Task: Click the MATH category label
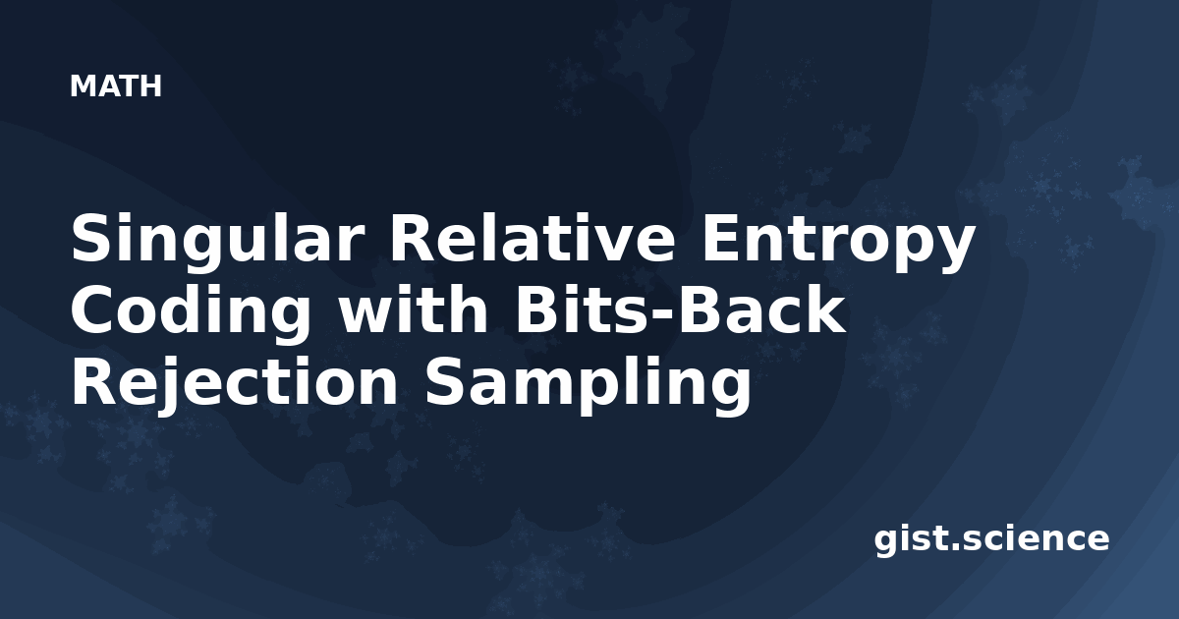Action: [x=116, y=86]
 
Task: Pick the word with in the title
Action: [x=414, y=309]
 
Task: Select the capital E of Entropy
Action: [x=722, y=238]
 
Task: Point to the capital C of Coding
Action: [x=93, y=309]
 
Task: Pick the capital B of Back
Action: [x=700, y=309]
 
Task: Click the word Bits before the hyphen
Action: [x=584, y=309]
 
